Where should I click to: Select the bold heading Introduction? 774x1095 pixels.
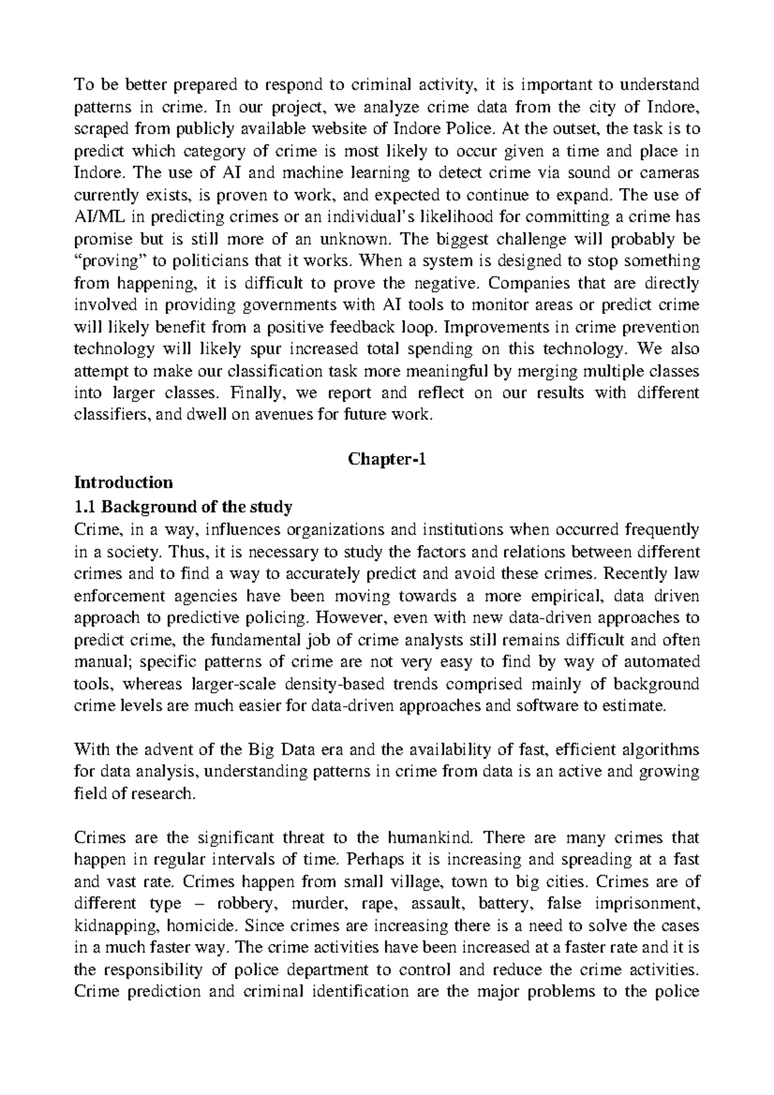[124, 482]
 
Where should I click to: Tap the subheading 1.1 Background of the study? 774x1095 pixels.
[183, 507]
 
